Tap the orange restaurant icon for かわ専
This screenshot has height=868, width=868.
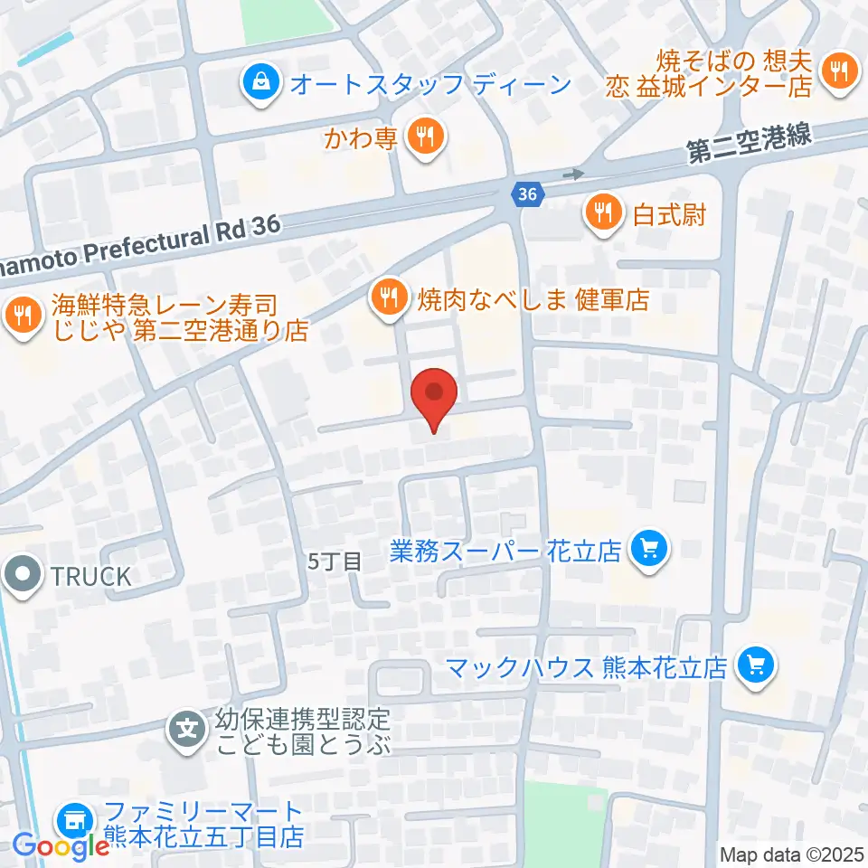coord(423,137)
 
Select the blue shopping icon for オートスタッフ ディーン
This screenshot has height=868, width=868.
coord(260,84)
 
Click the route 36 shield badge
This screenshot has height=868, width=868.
coord(527,193)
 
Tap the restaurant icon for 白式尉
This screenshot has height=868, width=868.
coord(602,213)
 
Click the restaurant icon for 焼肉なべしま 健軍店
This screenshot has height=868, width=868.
coord(390,297)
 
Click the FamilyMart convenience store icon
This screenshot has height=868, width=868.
coord(74,822)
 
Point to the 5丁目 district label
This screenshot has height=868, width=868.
coord(334,561)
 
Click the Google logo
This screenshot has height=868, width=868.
coord(61,846)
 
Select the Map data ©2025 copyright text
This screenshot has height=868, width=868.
coord(792,854)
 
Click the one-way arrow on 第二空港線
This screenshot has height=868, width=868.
coord(572,172)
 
